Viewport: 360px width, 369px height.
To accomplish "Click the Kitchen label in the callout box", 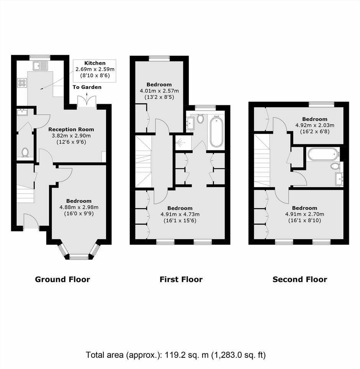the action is tap(95, 63).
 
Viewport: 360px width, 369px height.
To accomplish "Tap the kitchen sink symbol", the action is tap(41, 66).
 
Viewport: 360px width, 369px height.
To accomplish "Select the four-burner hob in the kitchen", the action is tap(22, 83).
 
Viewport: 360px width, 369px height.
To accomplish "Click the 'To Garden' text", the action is tap(87, 87).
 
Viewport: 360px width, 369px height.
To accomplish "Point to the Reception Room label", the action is tap(71, 129).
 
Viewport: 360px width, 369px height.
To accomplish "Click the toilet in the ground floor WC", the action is tap(25, 152).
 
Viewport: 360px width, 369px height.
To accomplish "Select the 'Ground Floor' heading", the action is tap(62, 279).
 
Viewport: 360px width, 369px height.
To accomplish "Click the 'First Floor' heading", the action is tap(181, 279).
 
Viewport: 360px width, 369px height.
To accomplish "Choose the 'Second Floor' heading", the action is tap(300, 279).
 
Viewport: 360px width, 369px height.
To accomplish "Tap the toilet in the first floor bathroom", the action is tap(200, 119).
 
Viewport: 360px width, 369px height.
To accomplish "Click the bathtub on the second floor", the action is tap(323, 154).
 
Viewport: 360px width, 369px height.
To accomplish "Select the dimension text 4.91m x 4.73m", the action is tap(180, 214).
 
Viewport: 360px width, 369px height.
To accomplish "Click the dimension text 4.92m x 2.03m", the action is tap(315, 126).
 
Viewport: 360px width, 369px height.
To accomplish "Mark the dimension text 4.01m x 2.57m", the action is tap(159, 91).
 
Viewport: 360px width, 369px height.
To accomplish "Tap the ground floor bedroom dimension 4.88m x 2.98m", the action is tap(79, 207).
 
